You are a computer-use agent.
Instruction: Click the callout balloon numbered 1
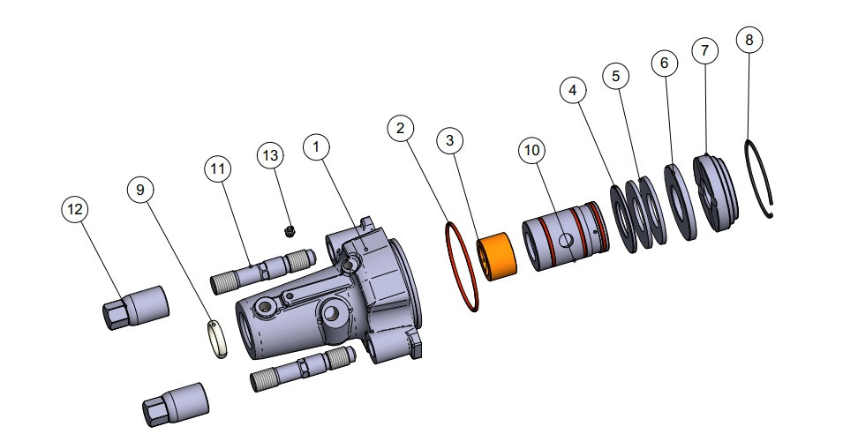click(x=315, y=147)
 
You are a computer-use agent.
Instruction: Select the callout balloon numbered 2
click(x=401, y=129)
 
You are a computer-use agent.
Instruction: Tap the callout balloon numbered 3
click(x=450, y=140)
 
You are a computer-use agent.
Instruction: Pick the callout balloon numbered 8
click(x=749, y=40)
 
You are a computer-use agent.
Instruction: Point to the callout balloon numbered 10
click(x=531, y=151)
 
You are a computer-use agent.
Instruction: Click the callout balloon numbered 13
click(x=271, y=154)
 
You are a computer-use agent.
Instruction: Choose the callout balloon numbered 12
click(x=74, y=209)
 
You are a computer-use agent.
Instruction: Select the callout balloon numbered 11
click(x=217, y=168)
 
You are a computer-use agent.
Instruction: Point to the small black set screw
click(x=290, y=231)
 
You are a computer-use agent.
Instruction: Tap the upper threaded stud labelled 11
click(x=261, y=271)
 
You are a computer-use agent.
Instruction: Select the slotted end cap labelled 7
click(x=715, y=194)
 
